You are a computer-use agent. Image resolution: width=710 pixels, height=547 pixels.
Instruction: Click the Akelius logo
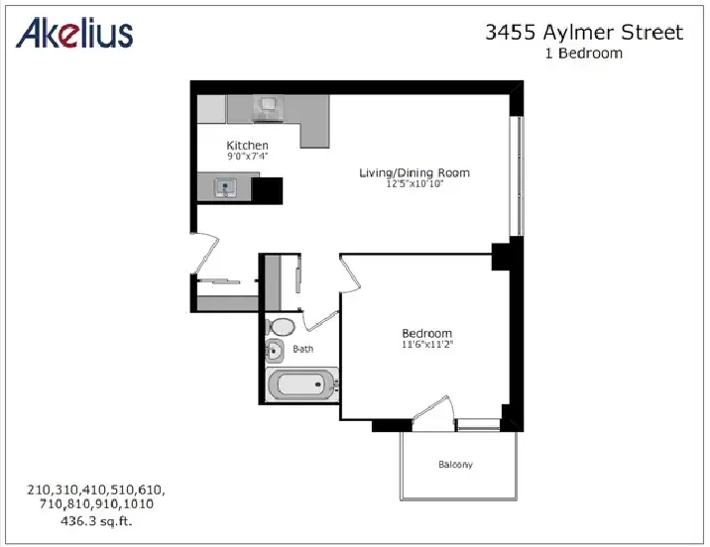pos(74,33)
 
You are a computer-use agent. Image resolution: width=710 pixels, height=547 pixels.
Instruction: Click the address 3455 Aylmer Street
pos(584,32)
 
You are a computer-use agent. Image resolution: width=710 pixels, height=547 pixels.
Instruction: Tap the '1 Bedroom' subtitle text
pos(584,53)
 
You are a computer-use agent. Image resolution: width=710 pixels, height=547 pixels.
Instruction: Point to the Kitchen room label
pos(247,146)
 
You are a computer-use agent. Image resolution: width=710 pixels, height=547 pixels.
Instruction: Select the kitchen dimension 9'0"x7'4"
pos(248,157)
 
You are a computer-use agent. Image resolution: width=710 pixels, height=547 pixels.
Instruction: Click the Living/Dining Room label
pos(414,172)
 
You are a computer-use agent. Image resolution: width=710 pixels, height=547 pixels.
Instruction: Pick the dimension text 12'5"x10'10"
pos(414,184)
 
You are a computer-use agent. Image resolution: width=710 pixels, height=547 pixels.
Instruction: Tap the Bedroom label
pos(427,333)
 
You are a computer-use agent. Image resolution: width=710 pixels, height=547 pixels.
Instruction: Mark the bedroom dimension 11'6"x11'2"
pos(427,344)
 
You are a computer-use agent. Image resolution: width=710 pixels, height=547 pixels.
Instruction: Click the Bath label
pos(302,349)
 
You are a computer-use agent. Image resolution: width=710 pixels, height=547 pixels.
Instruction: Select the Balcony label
pos(455,465)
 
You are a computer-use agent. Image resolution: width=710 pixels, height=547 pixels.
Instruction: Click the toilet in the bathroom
pos(281,327)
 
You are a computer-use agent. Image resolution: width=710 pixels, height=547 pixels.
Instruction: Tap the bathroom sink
pos(274,351)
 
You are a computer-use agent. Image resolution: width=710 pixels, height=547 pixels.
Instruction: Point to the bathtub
pos(301,384)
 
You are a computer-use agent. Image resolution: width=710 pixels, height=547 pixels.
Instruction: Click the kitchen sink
pos(225,187)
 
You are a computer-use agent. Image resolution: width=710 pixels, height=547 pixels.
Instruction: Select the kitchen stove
pos(270,108)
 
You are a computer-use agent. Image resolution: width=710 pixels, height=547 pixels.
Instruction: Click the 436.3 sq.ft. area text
pos(96,521)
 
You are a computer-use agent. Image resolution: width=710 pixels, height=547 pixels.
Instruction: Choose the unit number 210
pos(38,490)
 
